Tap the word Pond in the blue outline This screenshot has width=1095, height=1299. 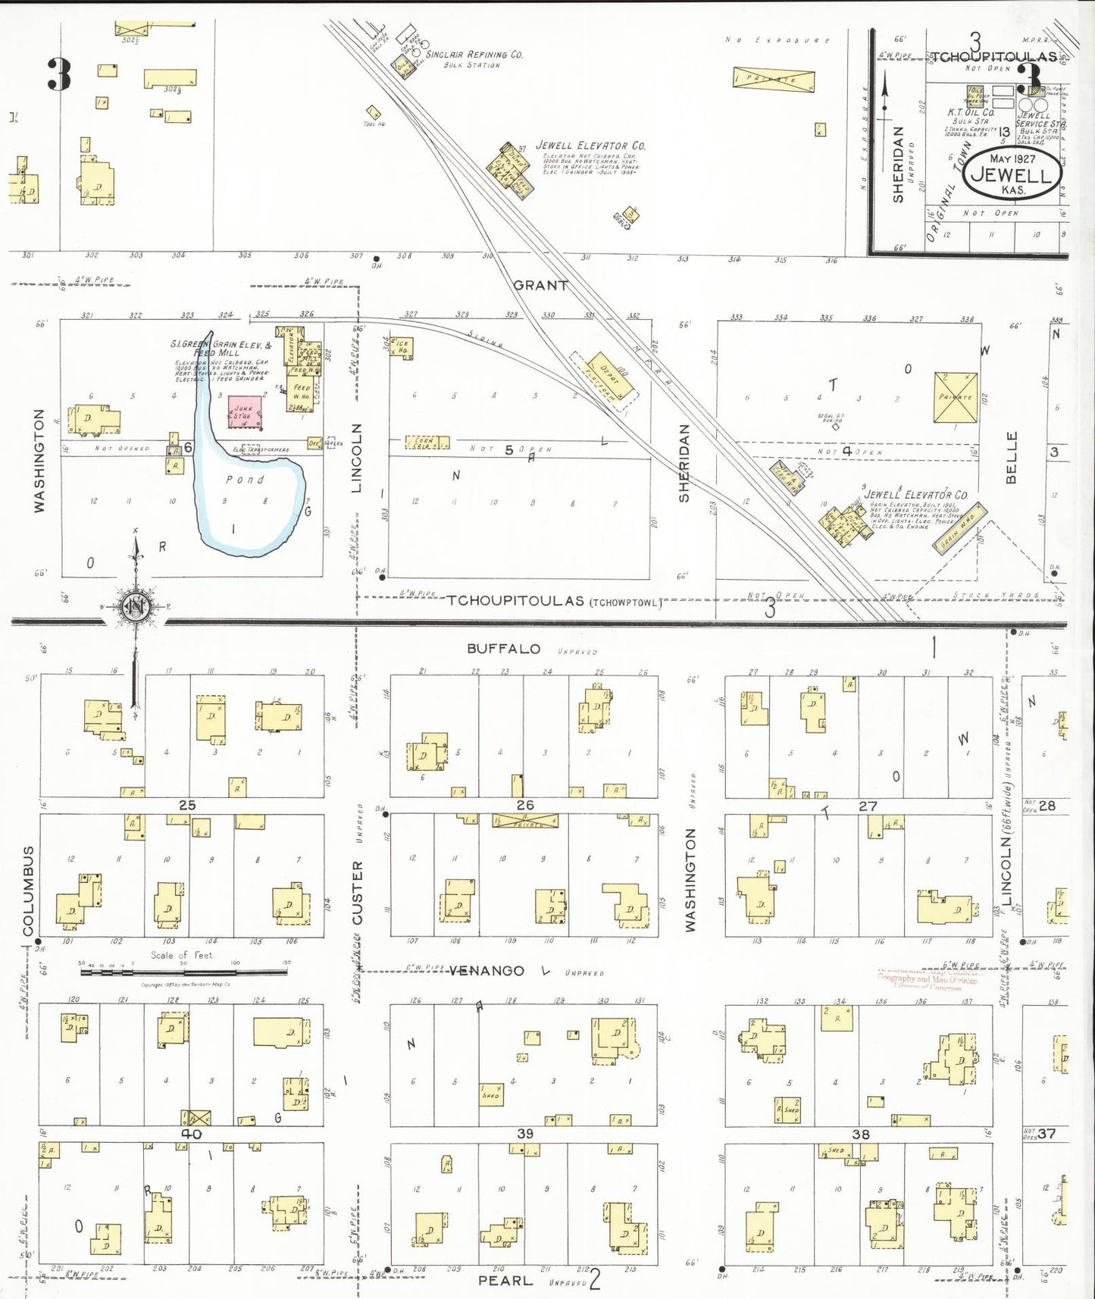click(245, 480)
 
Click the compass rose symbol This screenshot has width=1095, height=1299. click(135, 606)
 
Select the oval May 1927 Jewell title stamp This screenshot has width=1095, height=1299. click(1012, 174)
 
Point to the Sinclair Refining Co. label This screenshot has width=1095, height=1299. click(474, 55)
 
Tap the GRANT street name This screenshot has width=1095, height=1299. click(540, 286)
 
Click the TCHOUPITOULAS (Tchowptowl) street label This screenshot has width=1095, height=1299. click(552, 601)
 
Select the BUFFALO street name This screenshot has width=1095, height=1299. click(503, 649)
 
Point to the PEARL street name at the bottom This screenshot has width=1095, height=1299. click(505, 1280)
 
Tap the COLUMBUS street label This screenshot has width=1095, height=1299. click(29, 891)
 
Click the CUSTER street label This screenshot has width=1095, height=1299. click(357, 892)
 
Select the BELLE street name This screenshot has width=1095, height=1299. click(1012, 458)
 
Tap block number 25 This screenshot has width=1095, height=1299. click(187, 805)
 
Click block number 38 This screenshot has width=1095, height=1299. click(860, 1135)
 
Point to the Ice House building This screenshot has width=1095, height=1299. click(402, 347)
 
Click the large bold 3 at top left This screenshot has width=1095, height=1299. click(59, 74)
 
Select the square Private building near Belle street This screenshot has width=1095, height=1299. click(955, 397)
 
